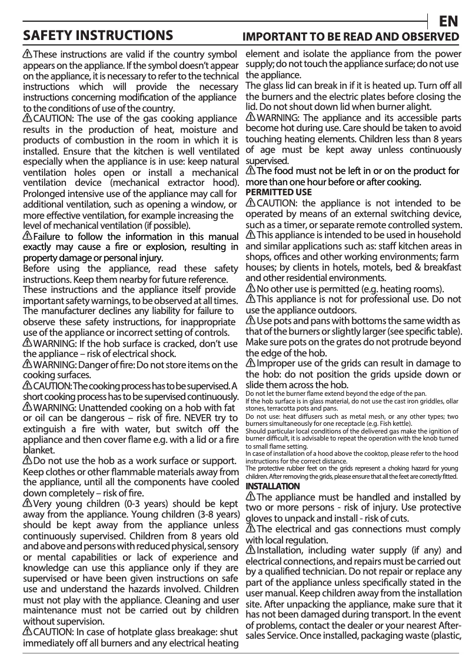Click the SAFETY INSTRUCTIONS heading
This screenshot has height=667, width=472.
(x=97, y=35)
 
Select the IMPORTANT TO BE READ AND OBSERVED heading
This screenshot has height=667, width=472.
(x=351, y=36)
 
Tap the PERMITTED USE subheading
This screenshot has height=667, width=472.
(x=278, y=192)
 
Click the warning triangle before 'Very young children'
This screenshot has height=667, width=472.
(x=28, y=504)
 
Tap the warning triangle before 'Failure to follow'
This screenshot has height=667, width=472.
(x=28, y=236)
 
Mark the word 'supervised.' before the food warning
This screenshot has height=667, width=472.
(x=267, y=161)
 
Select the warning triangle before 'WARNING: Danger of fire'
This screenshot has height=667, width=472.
(x=28, y=365)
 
